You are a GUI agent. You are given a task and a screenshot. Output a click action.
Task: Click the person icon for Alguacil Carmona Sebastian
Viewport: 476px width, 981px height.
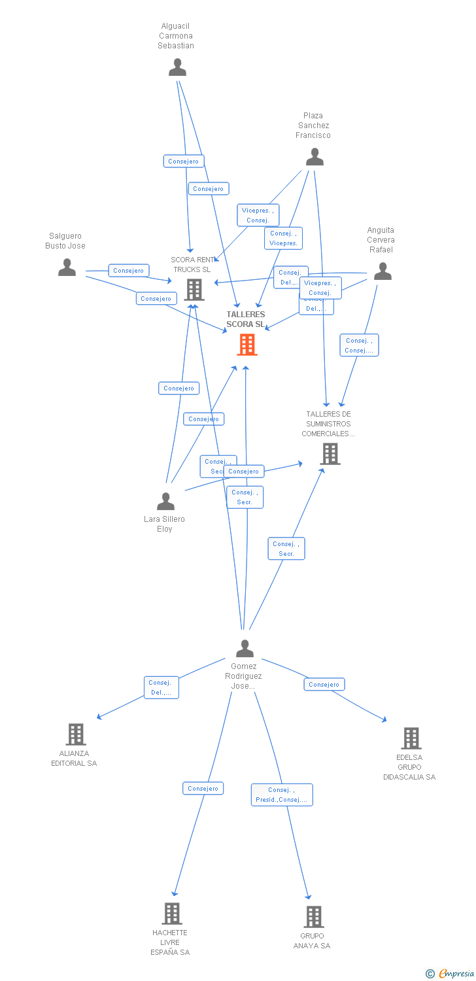tap(177, 67)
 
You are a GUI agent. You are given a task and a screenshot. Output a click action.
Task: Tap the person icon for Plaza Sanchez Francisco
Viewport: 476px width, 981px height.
tap(314, 157)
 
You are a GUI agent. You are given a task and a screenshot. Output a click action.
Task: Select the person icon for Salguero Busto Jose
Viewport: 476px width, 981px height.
tap(67, 267)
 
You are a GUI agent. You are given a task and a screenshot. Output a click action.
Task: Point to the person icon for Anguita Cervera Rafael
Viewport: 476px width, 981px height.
tap(382, 271)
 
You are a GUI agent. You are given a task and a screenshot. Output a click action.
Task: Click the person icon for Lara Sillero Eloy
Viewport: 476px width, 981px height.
tap(165, 502)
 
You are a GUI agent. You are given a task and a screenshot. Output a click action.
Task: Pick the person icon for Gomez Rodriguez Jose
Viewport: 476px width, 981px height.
tap(245, 648)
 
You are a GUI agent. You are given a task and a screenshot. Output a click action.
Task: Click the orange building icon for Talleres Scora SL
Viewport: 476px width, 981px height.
tap(246, 345)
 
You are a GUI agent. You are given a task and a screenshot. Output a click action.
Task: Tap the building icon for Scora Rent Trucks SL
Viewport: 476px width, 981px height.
tap(194, 290)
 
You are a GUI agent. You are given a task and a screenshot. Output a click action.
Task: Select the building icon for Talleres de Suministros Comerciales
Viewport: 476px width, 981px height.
tap(330, 454)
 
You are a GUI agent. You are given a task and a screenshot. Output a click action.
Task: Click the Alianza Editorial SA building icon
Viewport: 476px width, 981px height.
tap(76, 734)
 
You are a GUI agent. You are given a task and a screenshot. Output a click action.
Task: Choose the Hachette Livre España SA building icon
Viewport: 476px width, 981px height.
tap(171, 914)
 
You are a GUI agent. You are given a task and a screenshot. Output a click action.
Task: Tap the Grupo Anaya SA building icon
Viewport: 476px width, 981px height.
tap(313, 917)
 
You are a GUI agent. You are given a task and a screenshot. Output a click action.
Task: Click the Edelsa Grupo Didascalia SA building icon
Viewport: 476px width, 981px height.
tap(411, 738)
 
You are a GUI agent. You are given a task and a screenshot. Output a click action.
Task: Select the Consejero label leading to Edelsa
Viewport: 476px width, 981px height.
tap(324, 685)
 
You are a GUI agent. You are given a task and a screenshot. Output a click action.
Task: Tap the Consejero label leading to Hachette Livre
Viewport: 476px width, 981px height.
tap(203, 789)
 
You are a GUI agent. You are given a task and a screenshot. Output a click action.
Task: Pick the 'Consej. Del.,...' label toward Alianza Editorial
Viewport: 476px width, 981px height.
tap(161, 687)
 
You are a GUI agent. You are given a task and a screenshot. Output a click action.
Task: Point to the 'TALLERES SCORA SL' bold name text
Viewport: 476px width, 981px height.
tap(246, 319)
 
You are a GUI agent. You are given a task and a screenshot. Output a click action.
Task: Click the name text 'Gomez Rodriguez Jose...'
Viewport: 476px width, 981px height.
tap(243, 676)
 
